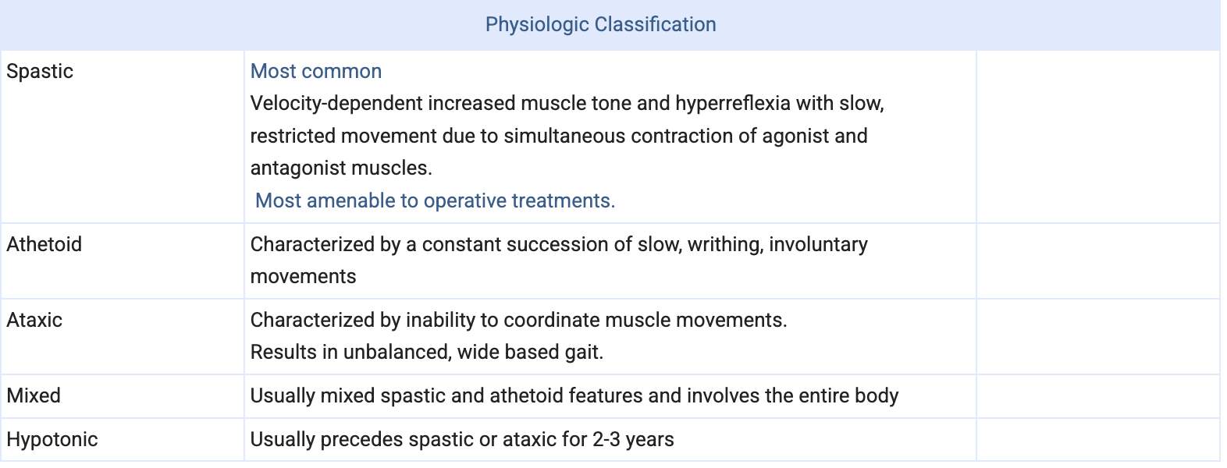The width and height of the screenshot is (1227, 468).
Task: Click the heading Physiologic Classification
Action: [600, 25]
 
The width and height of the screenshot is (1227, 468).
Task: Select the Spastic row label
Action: [40, 72]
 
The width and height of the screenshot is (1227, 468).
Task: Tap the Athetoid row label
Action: [44, 244]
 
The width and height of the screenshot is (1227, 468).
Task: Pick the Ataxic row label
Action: [34, 320]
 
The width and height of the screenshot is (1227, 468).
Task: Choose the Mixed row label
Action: [34, 395]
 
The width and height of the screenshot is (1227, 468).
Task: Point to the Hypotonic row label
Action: [52, 440]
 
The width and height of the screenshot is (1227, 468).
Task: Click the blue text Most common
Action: [316, 71]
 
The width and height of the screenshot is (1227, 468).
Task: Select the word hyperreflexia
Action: [732, 104]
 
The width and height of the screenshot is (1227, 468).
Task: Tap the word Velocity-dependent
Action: [336, 104]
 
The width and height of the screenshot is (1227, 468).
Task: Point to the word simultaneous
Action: [564, 136]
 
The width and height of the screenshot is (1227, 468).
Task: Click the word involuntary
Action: [818, 245]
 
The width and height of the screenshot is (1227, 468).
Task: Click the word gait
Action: [584, 353]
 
